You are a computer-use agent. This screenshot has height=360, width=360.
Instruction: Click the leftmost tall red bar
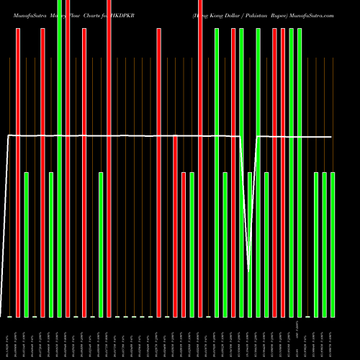(x=18, y=173)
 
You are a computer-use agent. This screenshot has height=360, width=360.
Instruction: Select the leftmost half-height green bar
(x=27, y=245)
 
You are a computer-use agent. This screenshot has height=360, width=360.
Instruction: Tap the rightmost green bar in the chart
(x=333, y=245)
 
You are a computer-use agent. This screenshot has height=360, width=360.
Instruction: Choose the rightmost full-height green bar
(x=300, y=173)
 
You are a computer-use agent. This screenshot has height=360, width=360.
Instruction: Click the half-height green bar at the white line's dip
(x=250, y=245)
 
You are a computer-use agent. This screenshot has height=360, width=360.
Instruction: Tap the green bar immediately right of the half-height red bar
(x=192, y=245)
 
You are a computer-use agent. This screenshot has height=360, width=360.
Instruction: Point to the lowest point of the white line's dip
(x=249, y=271)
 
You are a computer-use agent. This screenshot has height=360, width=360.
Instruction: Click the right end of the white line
(x=332, y=137)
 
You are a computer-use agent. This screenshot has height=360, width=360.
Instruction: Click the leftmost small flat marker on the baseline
(x=9, y=317)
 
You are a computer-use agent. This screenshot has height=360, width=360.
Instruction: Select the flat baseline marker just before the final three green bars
(x=308, y=317)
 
